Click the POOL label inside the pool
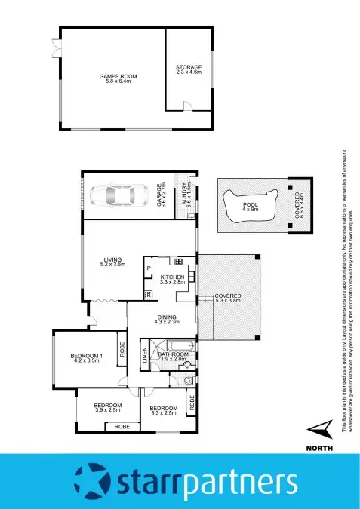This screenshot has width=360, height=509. coord(249,204)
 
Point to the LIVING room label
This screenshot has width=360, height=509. coord(112,260)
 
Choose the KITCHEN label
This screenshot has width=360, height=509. coord(172,277)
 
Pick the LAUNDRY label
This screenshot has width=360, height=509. coord(186,196)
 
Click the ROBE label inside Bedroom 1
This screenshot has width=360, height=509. coord(122,351)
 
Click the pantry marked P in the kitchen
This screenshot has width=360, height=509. coord(149,268)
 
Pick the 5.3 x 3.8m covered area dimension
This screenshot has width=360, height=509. coord(227,300)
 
